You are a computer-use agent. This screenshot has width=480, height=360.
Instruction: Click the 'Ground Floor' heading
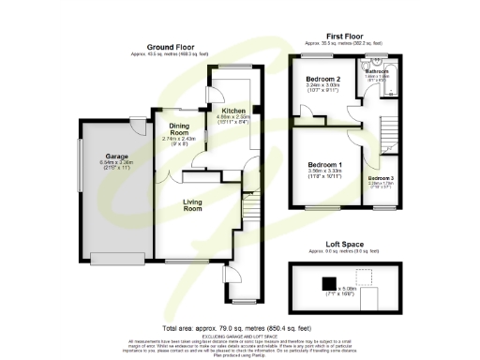[x=169, y=46]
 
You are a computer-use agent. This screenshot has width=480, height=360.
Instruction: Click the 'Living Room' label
[x=193, y=203]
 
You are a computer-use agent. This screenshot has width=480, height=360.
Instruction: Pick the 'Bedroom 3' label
[x=381, y=177]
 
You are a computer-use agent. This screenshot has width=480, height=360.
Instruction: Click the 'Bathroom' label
[x=379, y=70]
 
